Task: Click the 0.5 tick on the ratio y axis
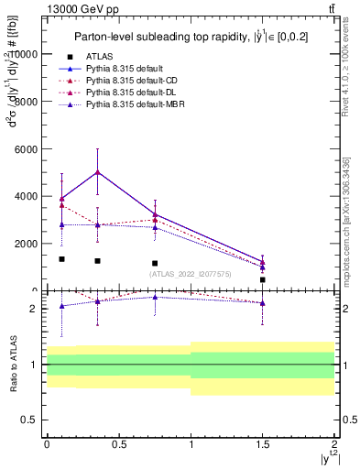click(32, 420)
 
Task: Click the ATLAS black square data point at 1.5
click(263, 279)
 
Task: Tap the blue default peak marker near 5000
click(98, 171)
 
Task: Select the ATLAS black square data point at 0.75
click(155, 263)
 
